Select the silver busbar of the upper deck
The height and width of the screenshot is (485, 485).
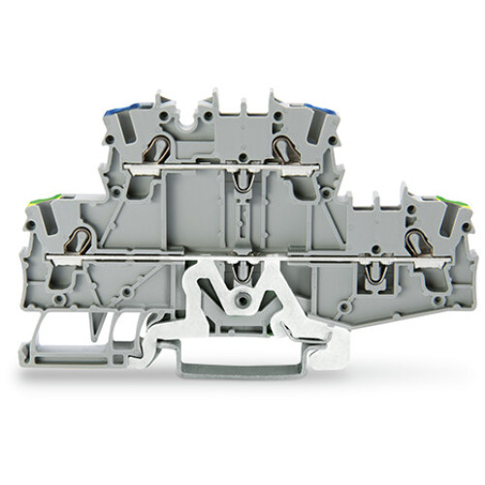(223, 164)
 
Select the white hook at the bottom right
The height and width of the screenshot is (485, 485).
(335, 339)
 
